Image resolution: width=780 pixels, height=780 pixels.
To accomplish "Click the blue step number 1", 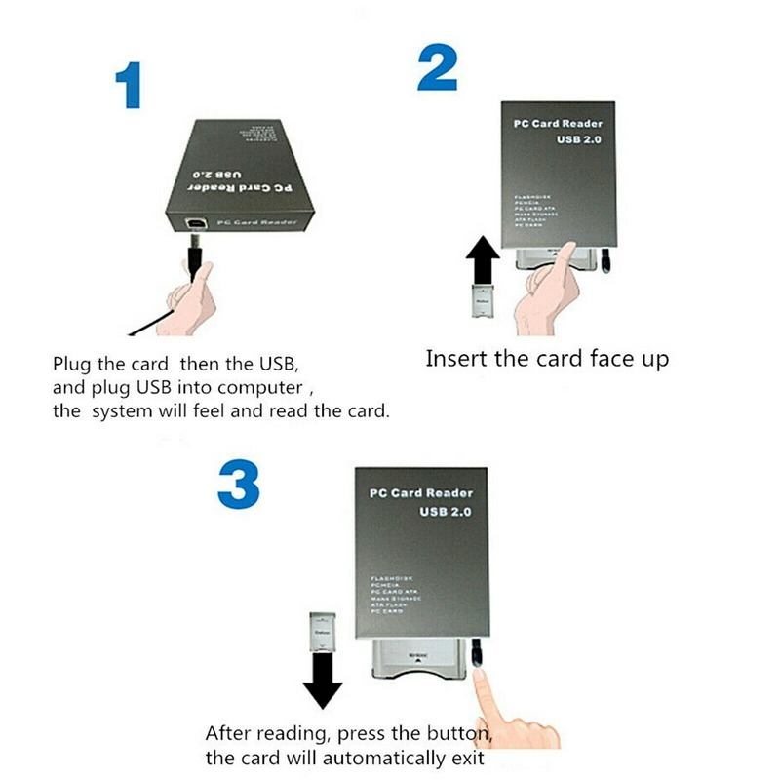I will click(128, 87).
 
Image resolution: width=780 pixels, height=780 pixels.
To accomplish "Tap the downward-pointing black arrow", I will click(322, 682).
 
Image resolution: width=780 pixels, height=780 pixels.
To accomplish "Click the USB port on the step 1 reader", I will click(196, 223).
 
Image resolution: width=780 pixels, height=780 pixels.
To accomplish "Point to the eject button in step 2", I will click(606, 259).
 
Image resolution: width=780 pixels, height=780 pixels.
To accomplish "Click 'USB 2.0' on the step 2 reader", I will click(574, 142).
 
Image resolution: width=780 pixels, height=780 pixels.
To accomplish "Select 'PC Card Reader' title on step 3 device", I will click(420, 493).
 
